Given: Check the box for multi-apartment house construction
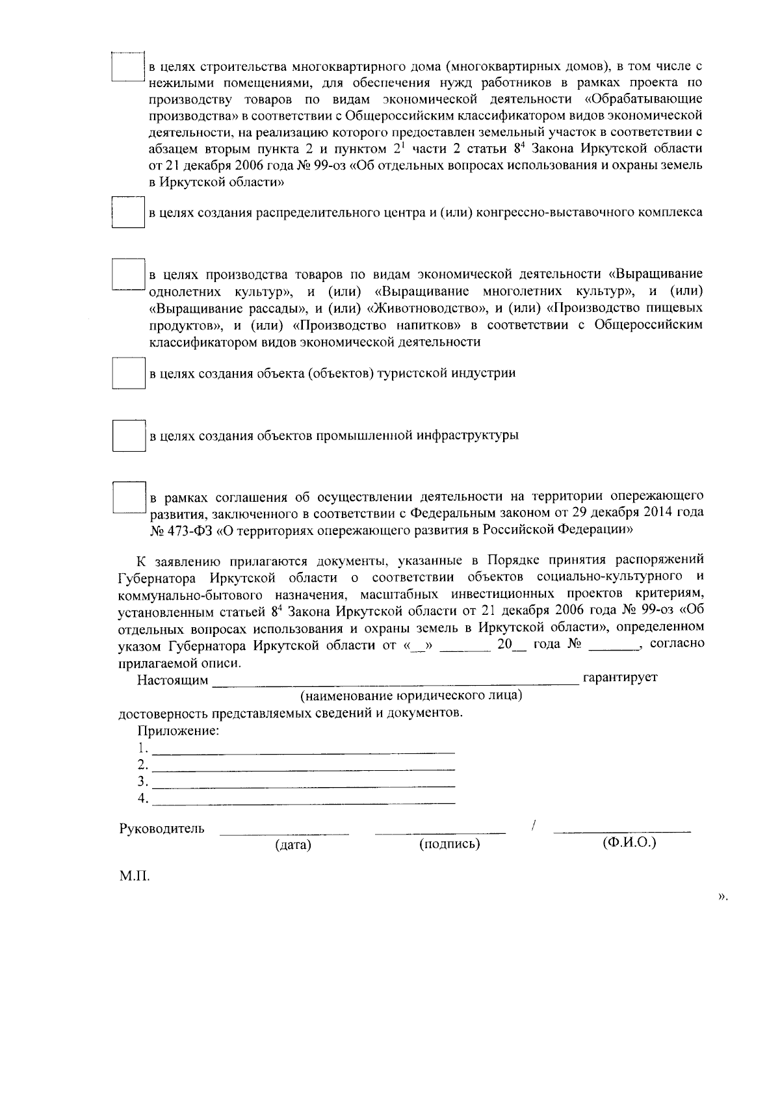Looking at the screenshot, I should point(127,67).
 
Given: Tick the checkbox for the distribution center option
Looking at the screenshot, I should point(127,211).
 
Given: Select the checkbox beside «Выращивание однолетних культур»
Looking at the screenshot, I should point(127,275).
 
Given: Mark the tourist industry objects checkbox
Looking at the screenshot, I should point(127,373).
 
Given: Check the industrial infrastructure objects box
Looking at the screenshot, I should point(128,435).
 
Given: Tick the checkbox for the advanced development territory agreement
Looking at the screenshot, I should point(128,497).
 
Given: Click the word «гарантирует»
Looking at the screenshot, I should point(620,678).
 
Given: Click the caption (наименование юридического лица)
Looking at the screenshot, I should point(411,696).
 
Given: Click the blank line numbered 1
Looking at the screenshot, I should point(302,751).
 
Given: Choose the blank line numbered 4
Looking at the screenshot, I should point(302,801).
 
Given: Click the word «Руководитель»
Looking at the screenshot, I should point(161,829).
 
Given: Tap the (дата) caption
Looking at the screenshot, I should point(292,846).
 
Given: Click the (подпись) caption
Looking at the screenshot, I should point(449,845).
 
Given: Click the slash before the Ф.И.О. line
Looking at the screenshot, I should point(533,826).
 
